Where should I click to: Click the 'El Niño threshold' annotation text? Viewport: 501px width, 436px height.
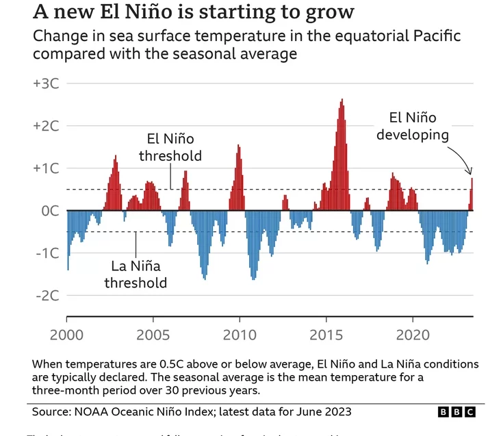170,147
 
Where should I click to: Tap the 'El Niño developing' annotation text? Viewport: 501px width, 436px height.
412,127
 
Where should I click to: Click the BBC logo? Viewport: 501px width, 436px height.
456,411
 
